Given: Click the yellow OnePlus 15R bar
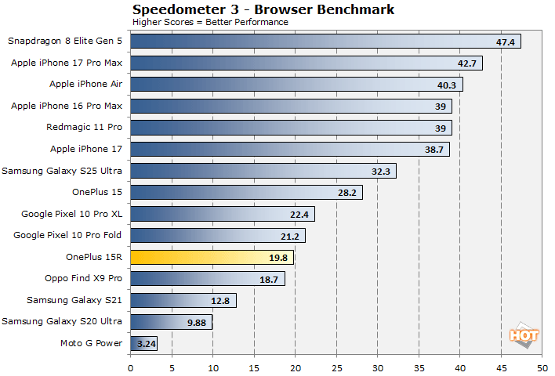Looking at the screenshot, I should tap(212, 256).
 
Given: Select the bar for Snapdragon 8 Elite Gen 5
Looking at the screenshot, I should tap(325, 42).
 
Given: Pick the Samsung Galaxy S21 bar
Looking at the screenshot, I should tap(183, 300).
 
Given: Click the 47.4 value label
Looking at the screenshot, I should tap(505, 42).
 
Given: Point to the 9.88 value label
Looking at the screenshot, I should tap(196, 321).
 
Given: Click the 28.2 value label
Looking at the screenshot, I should tap(346, 192).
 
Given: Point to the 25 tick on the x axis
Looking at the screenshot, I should tap(336, 365).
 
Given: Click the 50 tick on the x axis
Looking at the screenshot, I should tap(542, 365).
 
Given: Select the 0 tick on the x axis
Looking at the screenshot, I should tap(130, 365).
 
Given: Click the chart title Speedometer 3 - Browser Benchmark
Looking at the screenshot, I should tap(263, 9).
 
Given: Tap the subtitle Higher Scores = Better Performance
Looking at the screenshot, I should tap(210, 22).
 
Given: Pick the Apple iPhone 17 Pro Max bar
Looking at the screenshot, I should tap(306, 63).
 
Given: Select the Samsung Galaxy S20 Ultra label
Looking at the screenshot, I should tap(63, 321).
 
